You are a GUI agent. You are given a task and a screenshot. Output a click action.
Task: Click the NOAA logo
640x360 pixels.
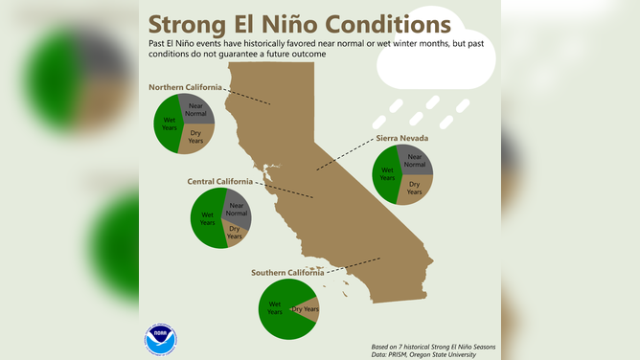click(161, 339)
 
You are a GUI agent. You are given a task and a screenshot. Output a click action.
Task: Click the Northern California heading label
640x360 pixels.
click(185, 88)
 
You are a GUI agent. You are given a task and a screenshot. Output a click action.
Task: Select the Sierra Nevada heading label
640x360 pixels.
click(401, 138)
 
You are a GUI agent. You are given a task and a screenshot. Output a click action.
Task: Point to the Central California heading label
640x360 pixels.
click(220, 181)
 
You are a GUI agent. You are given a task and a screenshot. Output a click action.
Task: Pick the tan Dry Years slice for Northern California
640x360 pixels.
click(196, 138)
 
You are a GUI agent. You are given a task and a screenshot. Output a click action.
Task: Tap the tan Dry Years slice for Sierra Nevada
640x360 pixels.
click(414, 189)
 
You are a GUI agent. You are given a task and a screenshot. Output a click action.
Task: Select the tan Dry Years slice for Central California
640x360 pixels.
click(234, 234)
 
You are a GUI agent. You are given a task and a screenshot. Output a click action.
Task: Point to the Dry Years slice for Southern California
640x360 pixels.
click(306, 308)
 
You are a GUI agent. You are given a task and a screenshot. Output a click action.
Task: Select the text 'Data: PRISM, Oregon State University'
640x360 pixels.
click(423, 354)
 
